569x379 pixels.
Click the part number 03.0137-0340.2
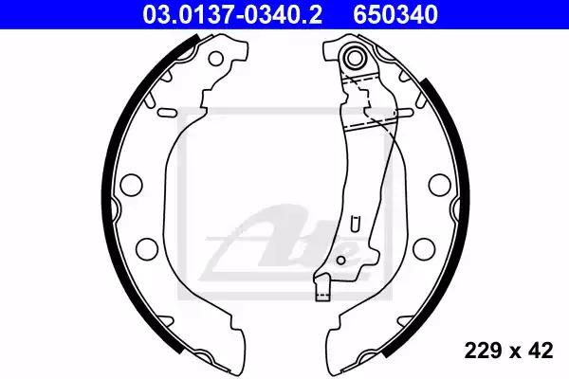tap(232, 15)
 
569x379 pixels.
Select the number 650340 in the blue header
tap(395, 15)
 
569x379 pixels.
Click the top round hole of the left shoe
tap(216, 58)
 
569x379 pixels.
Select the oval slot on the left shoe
tap(167, 113)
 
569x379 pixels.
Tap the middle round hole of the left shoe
tap(131, 185)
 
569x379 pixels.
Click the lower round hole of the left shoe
tap(147, 249)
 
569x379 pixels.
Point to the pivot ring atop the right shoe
tap(354, 57)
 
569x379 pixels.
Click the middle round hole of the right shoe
tap(439, 185)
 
